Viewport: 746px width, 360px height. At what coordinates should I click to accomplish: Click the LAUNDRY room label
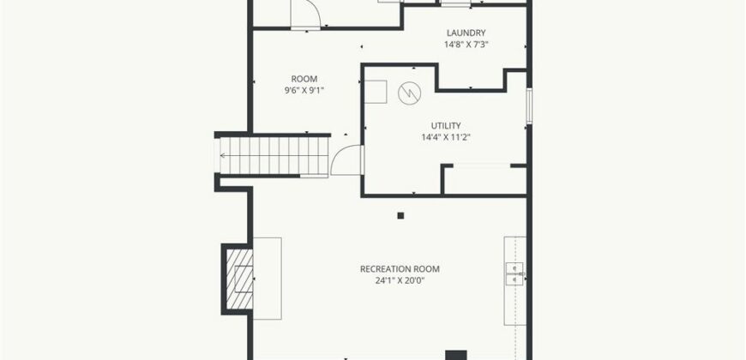point(466,33)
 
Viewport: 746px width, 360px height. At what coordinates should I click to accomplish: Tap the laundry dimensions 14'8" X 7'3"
point(466,45)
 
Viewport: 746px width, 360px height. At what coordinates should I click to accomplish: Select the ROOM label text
point(304,79)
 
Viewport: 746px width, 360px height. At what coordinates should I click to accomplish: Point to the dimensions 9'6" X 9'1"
point(304,90)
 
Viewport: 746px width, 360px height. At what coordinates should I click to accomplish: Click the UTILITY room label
point(446,125)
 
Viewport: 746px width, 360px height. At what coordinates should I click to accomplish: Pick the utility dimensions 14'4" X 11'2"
point(446,137)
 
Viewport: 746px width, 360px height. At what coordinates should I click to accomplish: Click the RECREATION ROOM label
point(400,269)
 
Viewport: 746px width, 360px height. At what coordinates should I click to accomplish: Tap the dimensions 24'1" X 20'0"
point(400,280)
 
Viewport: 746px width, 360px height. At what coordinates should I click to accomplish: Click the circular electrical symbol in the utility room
point(409,93)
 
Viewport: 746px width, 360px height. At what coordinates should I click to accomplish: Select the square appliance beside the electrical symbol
point(376,92)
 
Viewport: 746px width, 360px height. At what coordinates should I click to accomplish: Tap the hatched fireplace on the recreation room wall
point(239,279)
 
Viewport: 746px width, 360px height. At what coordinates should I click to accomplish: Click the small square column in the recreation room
point(400,215)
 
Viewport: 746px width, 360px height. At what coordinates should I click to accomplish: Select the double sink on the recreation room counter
point(514,274)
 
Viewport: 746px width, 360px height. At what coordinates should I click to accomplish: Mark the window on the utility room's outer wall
point(529,105)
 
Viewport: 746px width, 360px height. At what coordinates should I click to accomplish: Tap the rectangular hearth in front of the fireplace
point(267,279)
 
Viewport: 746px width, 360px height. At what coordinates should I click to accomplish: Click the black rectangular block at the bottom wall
point(456,355)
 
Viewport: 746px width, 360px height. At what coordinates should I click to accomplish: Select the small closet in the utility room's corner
point(484,179)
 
